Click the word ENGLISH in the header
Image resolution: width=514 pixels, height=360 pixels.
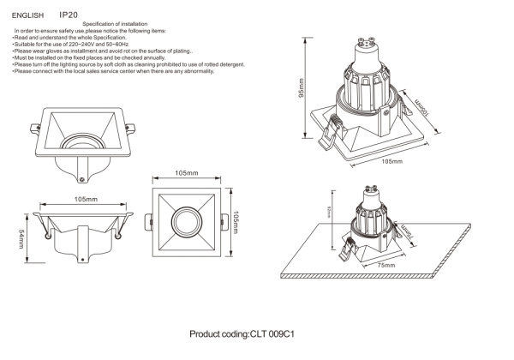[27, 15]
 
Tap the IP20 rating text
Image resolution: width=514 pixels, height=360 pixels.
[69, 15]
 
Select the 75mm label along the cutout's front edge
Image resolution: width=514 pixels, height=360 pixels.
[385, 267]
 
